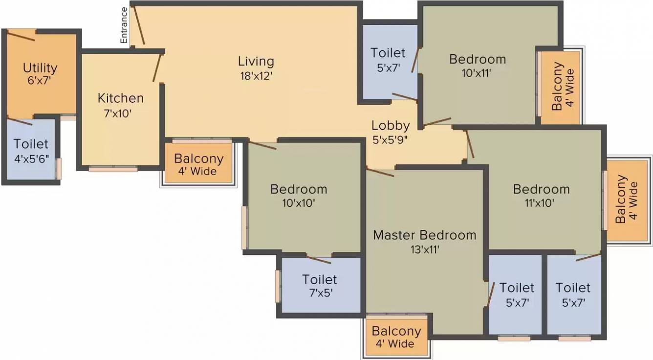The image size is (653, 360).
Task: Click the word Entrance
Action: (x=124, y=25)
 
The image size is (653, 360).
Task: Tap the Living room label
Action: (x=256, y=62)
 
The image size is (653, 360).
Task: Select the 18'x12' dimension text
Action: (x=256, y=76)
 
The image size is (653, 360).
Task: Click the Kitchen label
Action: (x=121, y=98)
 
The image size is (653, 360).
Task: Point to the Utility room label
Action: (x=40, y=68)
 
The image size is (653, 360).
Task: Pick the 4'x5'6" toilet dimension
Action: (x=31, y=159)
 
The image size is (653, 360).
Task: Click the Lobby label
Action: (x=391, y=126)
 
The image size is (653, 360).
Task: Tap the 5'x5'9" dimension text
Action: (x=390, y=140)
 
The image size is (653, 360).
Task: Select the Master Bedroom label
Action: (x=425, y=235)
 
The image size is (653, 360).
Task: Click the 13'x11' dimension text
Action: (x=425, y=250)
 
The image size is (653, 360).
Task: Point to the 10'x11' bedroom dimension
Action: (x=477, y=73)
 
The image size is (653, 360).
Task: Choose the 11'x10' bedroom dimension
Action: (x=540, y=203)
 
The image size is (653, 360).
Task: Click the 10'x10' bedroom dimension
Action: (x=299, y=203)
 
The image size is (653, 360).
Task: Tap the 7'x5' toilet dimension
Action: (x=321, y=292)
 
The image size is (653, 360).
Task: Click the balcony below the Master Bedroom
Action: (x=396, y=337)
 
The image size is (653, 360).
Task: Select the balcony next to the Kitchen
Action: (x=198, y=163)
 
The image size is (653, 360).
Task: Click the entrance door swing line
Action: (x=139, y=25)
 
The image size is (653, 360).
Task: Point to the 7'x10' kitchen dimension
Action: (x=118, y=113)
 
